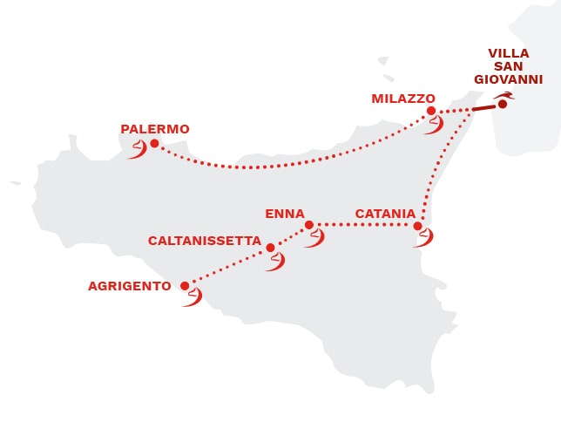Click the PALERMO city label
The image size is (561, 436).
pos(155,129)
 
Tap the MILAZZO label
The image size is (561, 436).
pos(403,99)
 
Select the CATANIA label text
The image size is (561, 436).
pos(379,213)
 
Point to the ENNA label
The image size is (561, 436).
pos(285,213)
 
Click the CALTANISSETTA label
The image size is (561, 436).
pos(205,240)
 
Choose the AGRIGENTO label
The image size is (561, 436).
pos(130,285)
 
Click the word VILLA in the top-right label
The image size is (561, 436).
pos(509,52)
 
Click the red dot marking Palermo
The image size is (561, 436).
pos(154,143)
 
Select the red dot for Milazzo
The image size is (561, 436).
pos(431,111)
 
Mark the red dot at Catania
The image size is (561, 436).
pos(418,226)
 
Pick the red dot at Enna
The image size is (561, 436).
pos(309,225)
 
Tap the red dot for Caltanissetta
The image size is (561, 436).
pos(270,248)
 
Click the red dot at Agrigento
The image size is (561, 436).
pos(185,285)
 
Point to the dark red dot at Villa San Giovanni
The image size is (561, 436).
pos(503,105)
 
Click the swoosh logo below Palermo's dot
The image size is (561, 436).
pos(138,152)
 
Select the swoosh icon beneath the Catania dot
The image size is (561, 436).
pos(423,237)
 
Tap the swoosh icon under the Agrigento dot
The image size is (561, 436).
pos(192,297)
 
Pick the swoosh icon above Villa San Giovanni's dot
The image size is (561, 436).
pos(503,95)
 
